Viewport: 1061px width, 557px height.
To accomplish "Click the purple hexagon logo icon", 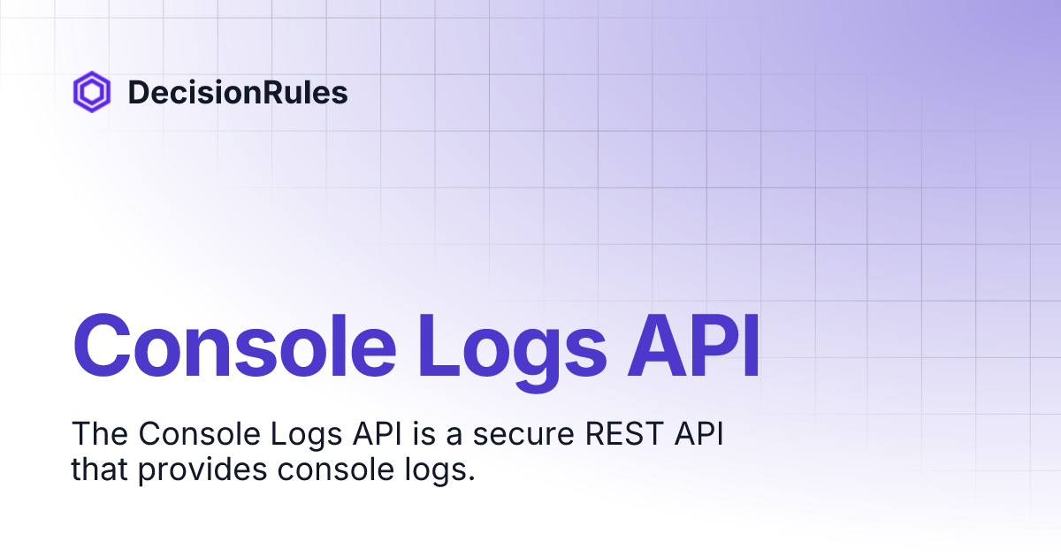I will tap(91, 92).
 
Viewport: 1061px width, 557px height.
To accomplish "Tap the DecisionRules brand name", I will tap(238, 92).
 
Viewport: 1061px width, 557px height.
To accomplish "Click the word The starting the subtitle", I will tap(99, 434).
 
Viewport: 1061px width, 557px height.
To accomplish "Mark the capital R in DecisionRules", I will tap(268, 92).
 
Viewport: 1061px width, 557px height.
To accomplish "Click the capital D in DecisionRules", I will tap(138, 92).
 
